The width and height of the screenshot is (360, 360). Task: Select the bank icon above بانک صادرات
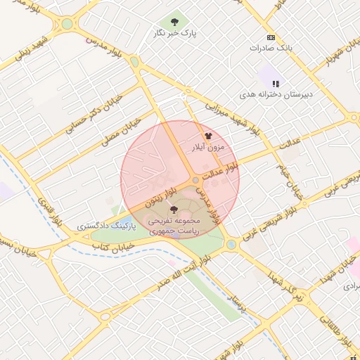[271, 37]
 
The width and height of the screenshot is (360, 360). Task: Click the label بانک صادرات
[271, 49]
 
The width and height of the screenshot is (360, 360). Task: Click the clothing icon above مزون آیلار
[207, 136]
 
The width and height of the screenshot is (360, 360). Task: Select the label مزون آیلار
[207, 148]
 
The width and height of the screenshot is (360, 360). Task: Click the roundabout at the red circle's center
[195, 180]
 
